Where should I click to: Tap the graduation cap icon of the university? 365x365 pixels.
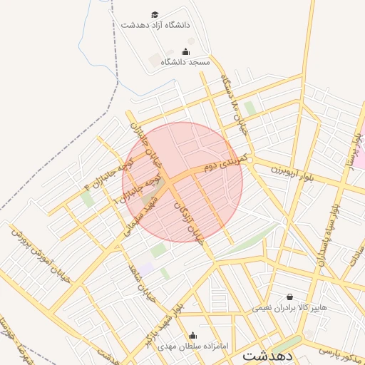point(155,14)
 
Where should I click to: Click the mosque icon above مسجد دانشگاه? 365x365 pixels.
point(186,51)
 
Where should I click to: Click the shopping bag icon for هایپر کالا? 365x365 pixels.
point(289,297)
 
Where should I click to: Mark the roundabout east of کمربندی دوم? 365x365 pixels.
point(255,160)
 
